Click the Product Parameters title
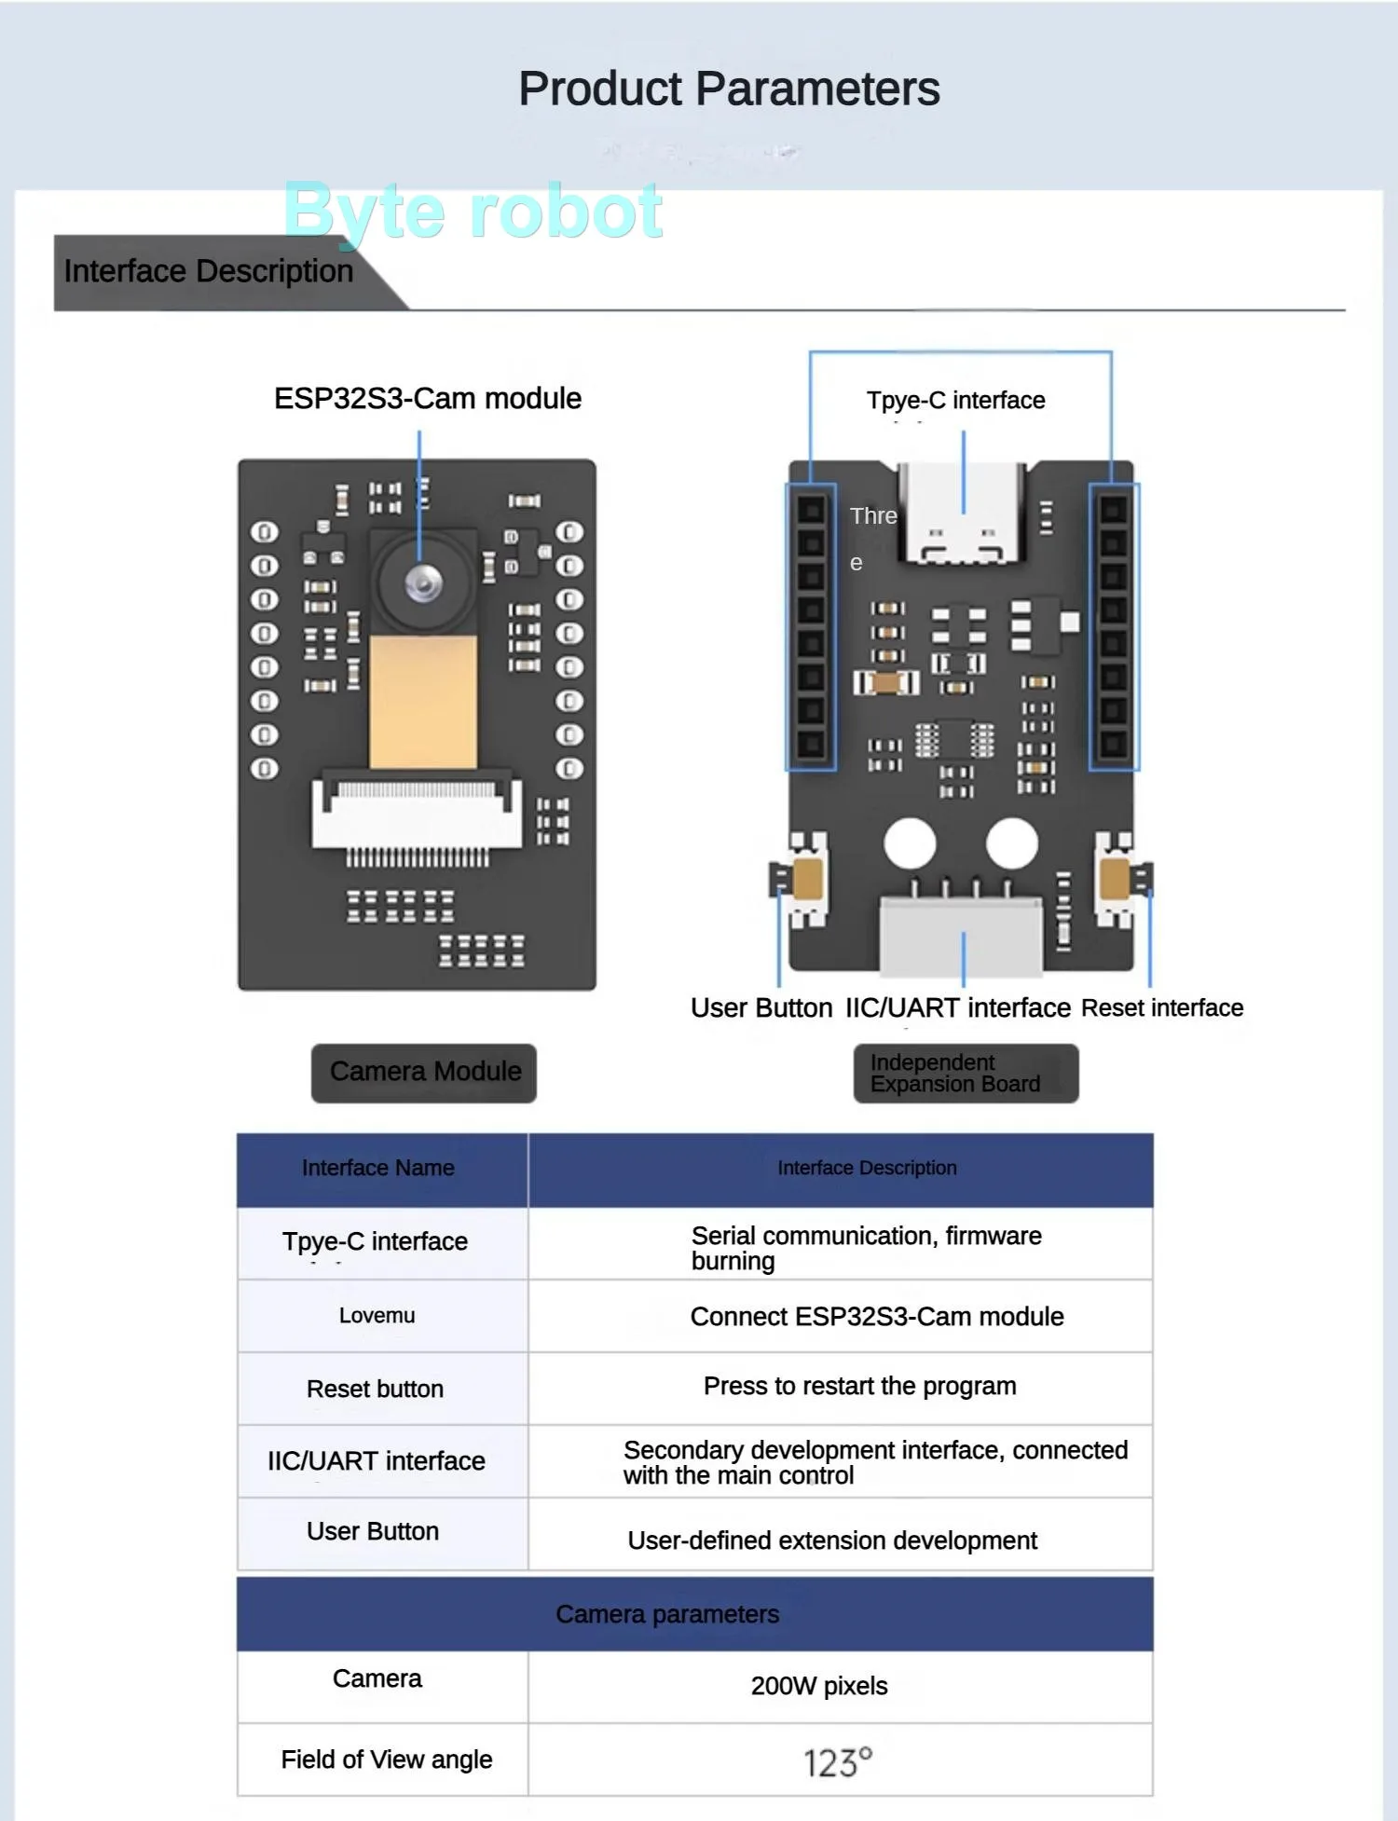(x=729, y=89)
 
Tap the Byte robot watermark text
(x=473, y=212)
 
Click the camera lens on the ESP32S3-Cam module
(x=422, y=582)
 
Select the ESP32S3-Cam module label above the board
(x=428, y=399)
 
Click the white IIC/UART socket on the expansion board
(x=962, y=936)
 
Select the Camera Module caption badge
(x=424, y=1073)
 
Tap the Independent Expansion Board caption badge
(x=966, y=1074)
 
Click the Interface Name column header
(x=378, y=1169)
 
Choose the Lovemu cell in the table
(x=377, y=1316)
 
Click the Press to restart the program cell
(x=859, y=1387)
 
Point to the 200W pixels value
(x=819, y=1686)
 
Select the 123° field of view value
(x=838, y=1762)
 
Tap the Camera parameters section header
(x=667, y=1614)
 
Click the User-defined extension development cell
(x=832, y=1540)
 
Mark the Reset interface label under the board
(x=1162, y=1008)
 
